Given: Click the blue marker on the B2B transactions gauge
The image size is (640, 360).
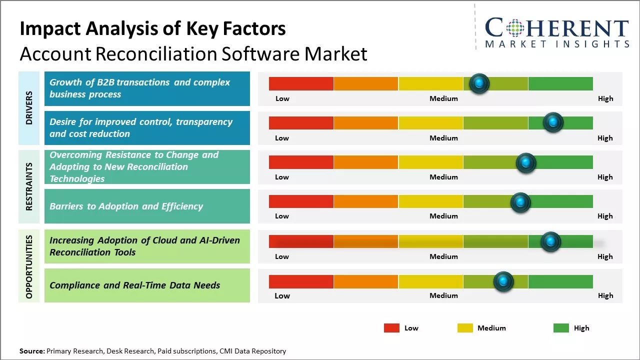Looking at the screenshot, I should point(479,83).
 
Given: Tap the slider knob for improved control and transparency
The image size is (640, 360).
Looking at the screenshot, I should point(553,122).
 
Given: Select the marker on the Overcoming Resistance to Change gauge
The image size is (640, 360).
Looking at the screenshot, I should point(525,162).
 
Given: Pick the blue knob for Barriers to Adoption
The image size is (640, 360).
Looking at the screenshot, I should point(520,202).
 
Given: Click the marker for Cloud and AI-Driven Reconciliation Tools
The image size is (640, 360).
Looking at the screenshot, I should point(550,242).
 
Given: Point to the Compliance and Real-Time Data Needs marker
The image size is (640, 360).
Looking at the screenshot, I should point(503,281).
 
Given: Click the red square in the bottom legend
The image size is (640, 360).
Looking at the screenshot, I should point(391,328).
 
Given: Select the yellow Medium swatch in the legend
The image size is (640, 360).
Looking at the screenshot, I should point(465,328).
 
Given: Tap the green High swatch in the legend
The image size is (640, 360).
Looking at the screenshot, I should point(561,328).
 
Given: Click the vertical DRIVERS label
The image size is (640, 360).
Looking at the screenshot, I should point(29,108).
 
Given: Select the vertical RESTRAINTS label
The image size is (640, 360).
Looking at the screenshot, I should point(29,186).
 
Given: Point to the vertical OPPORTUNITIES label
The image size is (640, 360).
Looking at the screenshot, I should point(29,266).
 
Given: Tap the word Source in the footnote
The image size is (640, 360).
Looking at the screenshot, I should point(31,351).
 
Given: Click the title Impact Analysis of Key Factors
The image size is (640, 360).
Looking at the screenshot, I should point(152,29).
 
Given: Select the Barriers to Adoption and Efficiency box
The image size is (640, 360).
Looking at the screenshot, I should point(147,206).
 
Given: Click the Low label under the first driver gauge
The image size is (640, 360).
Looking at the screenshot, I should point(282,98).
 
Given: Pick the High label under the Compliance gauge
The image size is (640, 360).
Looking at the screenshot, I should point(605,295).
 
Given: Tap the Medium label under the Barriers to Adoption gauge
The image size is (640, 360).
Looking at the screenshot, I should point(443,216).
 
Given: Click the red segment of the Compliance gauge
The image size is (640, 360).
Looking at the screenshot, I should point(301,281).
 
